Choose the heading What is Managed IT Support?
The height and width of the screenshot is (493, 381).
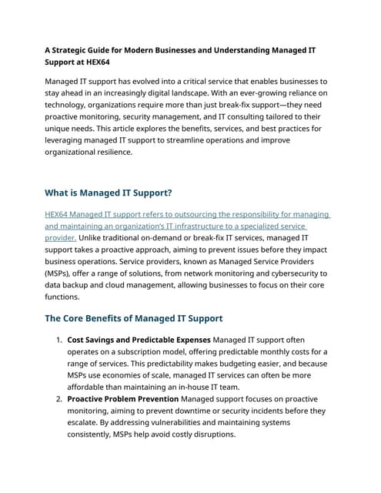point(109,193)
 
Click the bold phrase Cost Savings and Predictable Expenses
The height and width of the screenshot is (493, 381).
point(139,340)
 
